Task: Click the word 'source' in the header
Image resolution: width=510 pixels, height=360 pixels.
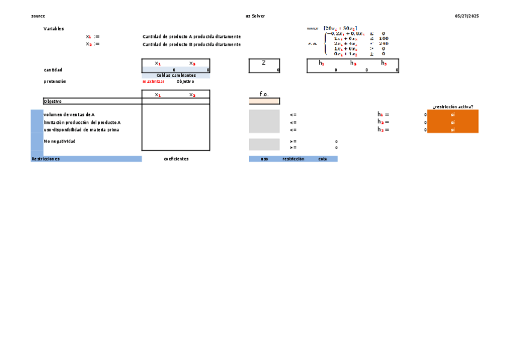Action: pyautogui.click(x=38, y=16)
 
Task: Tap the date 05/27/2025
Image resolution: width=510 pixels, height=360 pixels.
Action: pyautogui.click(x=467, y=16)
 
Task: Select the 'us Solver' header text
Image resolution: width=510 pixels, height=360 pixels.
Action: pyautogui.click(x=255, y=16)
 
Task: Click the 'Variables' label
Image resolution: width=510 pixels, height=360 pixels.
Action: pyautogui.click(x=54, y=29)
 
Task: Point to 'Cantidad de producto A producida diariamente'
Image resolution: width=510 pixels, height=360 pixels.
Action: pyautogui.click(x=191, y=37)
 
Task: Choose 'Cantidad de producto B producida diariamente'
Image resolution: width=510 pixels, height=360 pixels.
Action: pyautogui.click(x=191, y=44)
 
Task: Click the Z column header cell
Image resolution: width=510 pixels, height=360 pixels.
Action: pyautogui.click(x=263, y=63)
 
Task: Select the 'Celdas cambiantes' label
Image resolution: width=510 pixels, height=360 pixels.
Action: pyautogui.click(x=176, y=76)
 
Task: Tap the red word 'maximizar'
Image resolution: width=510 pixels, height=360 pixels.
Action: pyautogui.click(x=153, y=82)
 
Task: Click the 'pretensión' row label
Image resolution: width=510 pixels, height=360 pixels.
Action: pyautogui.click(x=55, y=82)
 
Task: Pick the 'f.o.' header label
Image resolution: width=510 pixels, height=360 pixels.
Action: pyautogui.click(x=264, y=94)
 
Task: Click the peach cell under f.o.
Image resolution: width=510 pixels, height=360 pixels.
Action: pyautogui.click(x=264, y=102)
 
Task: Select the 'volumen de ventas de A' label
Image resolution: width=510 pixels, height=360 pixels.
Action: pyautogui.click(x=69, y=114)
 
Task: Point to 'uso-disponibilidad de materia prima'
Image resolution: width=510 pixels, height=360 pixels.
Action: pyautogui.click(x=81, y=130)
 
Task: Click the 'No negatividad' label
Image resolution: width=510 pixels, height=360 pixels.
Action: pyautogui.click(x=60, y=141)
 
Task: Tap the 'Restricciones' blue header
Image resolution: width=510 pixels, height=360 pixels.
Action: pyautogui.click(x=46, y=159)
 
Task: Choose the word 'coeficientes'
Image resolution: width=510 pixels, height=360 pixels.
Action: pyautogui.click(x=176, y=159)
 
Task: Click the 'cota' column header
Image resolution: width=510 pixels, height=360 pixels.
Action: pyautogui.click(x=323, y=159)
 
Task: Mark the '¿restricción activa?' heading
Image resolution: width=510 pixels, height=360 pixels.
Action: pyautogui.click(x=453, y=107)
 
